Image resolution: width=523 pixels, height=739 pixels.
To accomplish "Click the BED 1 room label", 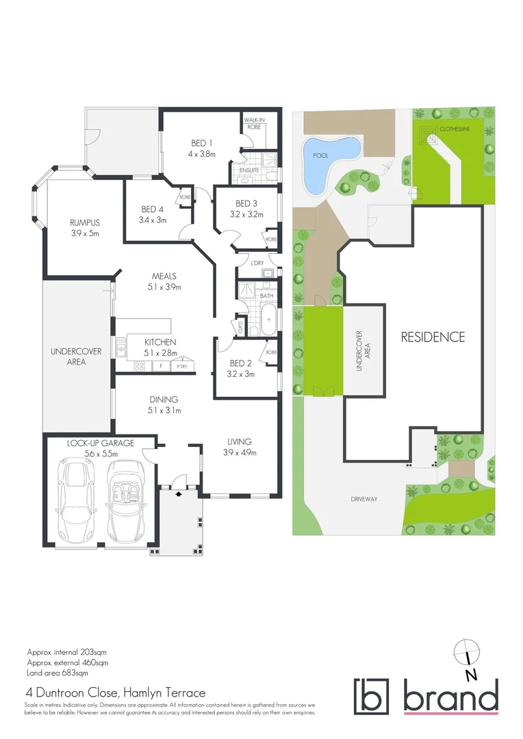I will click(202, 143).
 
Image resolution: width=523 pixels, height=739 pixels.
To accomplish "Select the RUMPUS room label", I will click(85, 222).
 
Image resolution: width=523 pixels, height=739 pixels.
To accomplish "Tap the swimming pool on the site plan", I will click(329, 161).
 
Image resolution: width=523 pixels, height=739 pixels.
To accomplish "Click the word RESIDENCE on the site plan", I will click(433, 337).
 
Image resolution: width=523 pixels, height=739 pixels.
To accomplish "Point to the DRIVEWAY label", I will click(363, 499).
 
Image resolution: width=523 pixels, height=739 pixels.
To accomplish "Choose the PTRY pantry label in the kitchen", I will click(181, 366).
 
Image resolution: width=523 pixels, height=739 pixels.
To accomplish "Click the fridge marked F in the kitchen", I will click(160, 366).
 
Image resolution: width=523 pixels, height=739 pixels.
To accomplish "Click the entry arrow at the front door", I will click(179, 493).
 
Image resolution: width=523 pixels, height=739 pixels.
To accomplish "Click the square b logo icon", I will click(371, 697).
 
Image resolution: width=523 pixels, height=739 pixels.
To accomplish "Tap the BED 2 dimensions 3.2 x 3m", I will click(241, 374).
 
